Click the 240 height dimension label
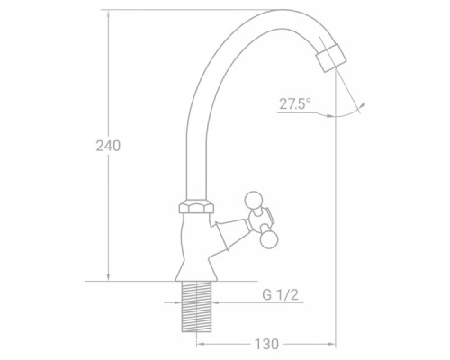coord(108,146)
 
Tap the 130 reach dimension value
coord(266,344)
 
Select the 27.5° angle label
coord(295,104)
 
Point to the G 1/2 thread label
coord(281,295)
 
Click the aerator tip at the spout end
coord(331,58)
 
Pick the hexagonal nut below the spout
coord(196,208)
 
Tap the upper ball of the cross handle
coord(254,200)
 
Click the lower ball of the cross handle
coord(268,239)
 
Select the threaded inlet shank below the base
coord(196,306)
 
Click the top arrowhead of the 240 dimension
coord(108,13)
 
